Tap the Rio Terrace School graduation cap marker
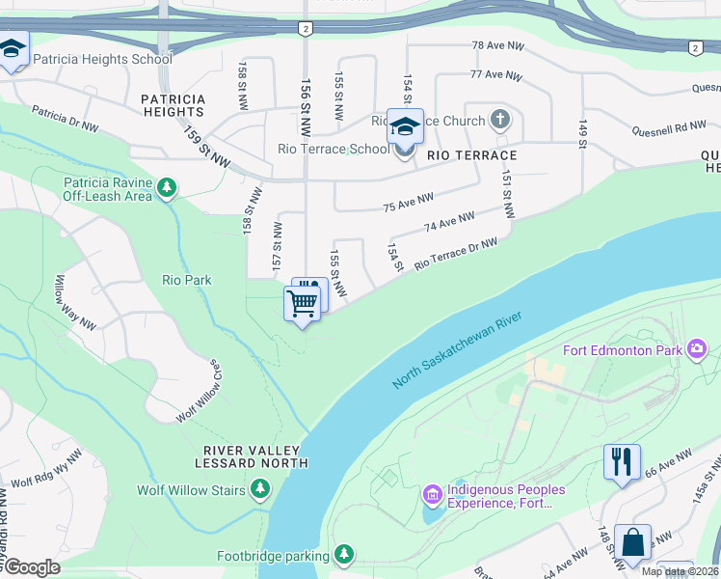406,126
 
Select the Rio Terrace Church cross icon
499,121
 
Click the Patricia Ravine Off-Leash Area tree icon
167,185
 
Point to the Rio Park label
186,281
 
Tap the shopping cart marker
302,304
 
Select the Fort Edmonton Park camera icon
699,349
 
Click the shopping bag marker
632,542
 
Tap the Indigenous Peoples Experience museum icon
432,496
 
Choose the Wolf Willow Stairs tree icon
259,490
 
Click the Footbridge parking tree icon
344,554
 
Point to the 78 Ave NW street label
497,46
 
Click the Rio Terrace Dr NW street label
455,255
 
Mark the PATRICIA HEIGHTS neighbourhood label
173,105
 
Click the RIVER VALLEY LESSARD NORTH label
255,456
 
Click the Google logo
32,567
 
